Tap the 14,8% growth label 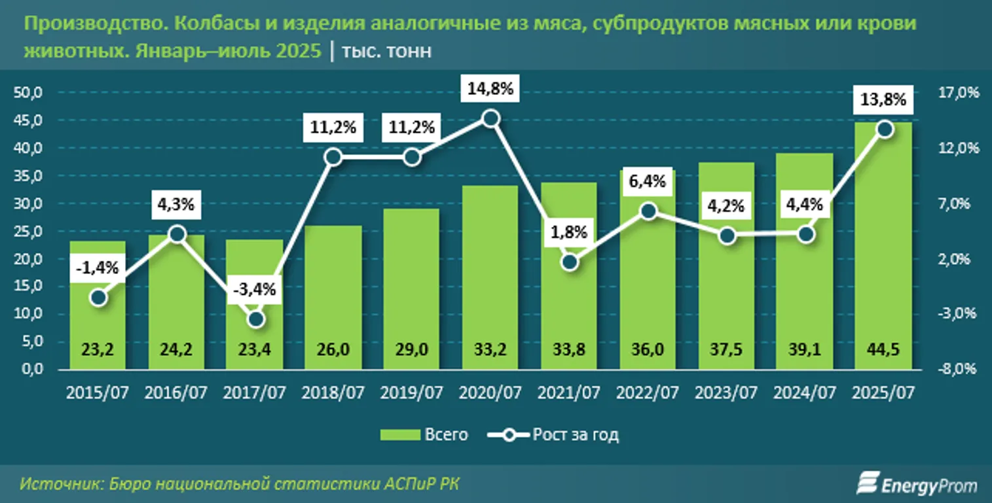point(490,88)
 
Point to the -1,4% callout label point(98,268)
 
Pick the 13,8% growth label point(883,100)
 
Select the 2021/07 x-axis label point(569,393)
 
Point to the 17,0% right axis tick point(961,93)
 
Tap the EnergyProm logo point(917,485)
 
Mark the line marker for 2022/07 point(648,211)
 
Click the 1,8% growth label point(569,232)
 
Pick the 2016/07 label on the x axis point(176,393)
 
